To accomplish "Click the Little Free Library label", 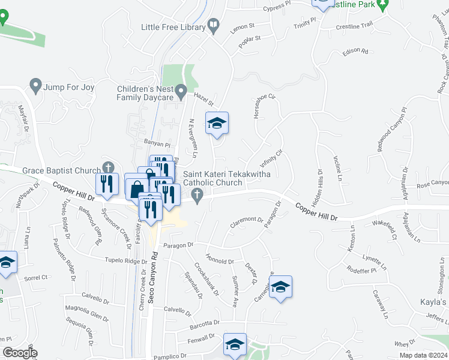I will [173, 27].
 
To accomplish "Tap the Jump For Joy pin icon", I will [36, 86].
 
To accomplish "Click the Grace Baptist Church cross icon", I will [108, 167].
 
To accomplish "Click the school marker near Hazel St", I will [217, 124].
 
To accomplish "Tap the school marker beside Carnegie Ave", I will [280, 287].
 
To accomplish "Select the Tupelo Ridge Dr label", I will [125, 262].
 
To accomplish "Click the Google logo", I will [20, 353].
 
